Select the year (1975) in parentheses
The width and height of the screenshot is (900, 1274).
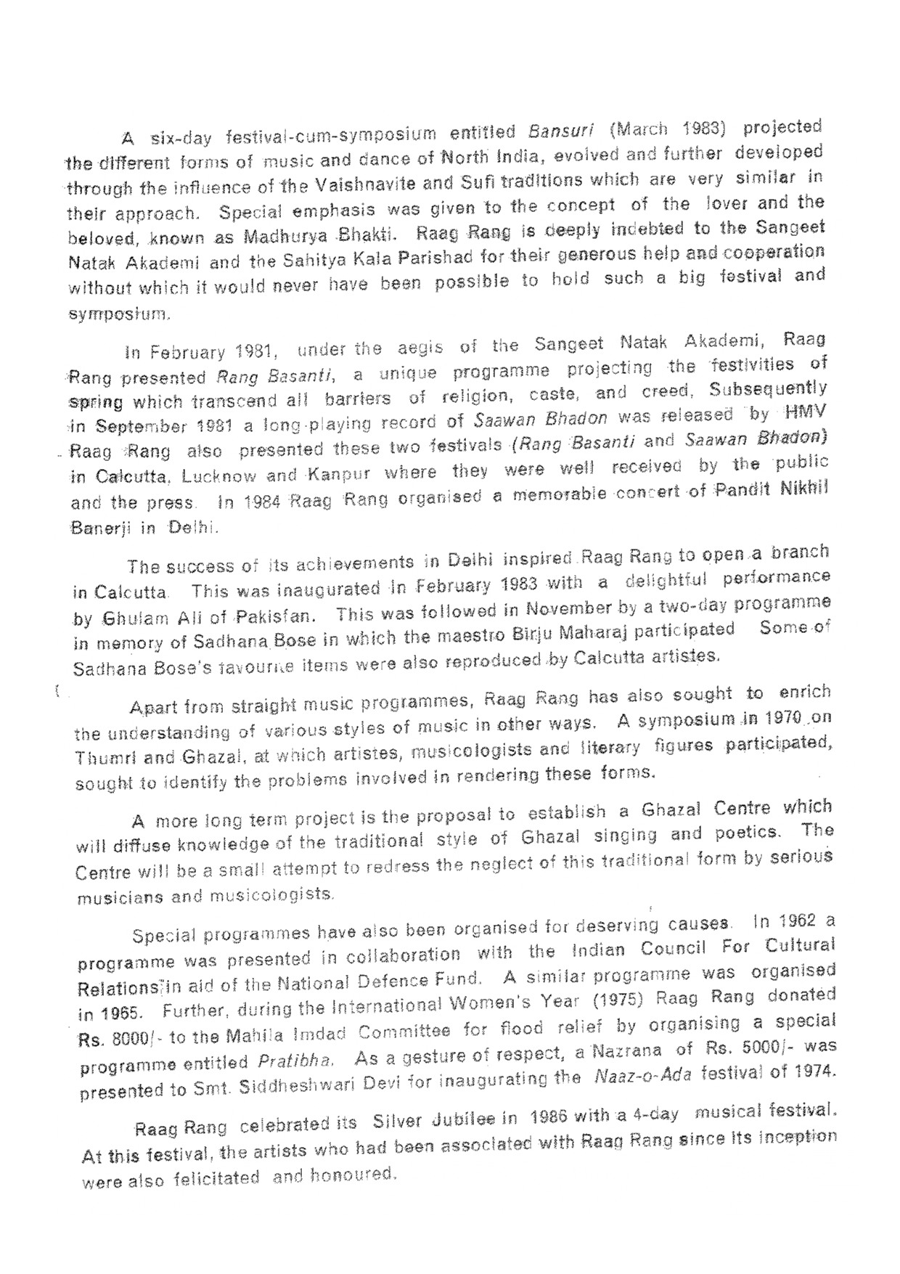pyautogui.click(x=616, y=1000)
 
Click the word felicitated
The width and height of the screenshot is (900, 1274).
pyautogui.click(x=216, y=1179)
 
